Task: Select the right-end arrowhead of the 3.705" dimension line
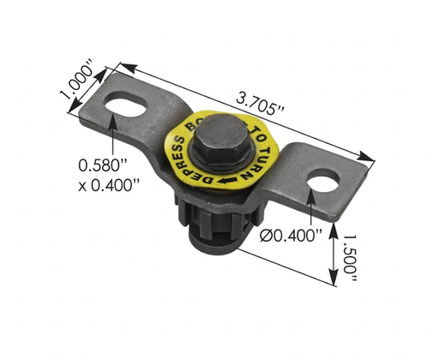[372, 158]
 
